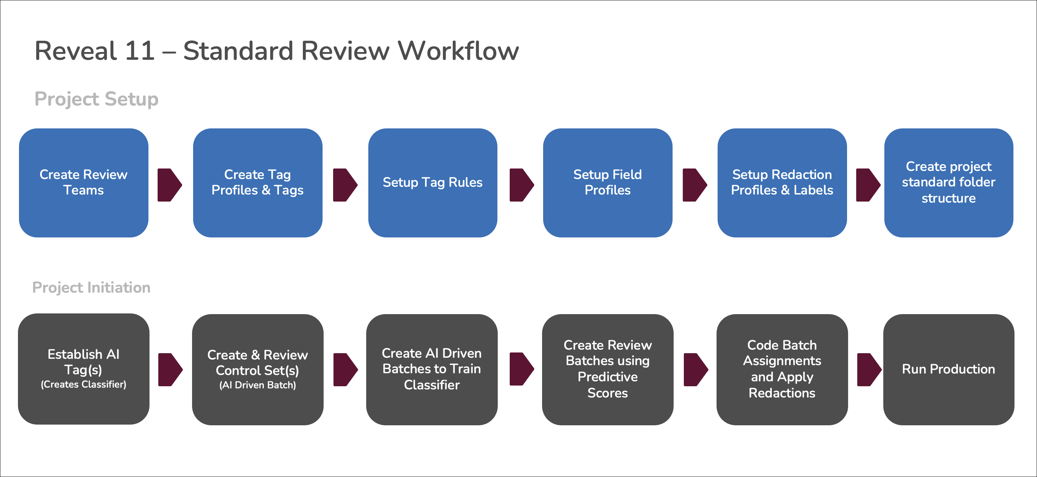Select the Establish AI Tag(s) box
(x=83, y=369)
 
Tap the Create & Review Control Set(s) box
(x=257, y=369)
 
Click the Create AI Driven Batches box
(x=432, y=369)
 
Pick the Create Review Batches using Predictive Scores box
(x=607, y=369)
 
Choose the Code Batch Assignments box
(x=782, y=369)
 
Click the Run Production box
(x=948, y=369)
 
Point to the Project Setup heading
(x=96, y=99)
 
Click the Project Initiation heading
(x=91, y=287)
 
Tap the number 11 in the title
(x=139, y=51)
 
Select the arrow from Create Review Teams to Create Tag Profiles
(x=170, y=185)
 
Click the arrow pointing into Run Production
(x=869, y=369)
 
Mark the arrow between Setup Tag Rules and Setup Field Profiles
(x=521, y=185)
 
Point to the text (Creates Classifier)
(x=83, y=384)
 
